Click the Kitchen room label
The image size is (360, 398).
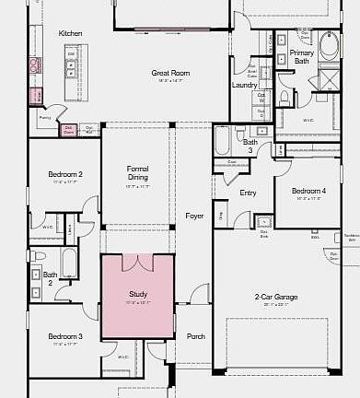[70, 33]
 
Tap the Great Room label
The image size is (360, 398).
[170, 73]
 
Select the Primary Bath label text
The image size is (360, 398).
[302, 57]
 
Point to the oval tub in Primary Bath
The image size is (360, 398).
[329, 47]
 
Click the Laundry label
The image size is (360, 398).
[244, 85]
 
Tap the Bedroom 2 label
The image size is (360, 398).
[65, 174]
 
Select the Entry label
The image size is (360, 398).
[248, 193]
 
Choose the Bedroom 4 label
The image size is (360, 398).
[308, 192]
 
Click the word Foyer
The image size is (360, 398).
[194, 216]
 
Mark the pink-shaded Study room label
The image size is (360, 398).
[137, 295]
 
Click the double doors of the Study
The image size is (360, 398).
[137, 263]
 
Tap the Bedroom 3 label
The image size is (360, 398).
[65, 336]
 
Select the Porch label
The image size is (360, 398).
[196, 336]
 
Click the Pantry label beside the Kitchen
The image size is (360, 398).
[43, 118]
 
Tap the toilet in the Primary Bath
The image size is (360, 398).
[285, 96]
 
